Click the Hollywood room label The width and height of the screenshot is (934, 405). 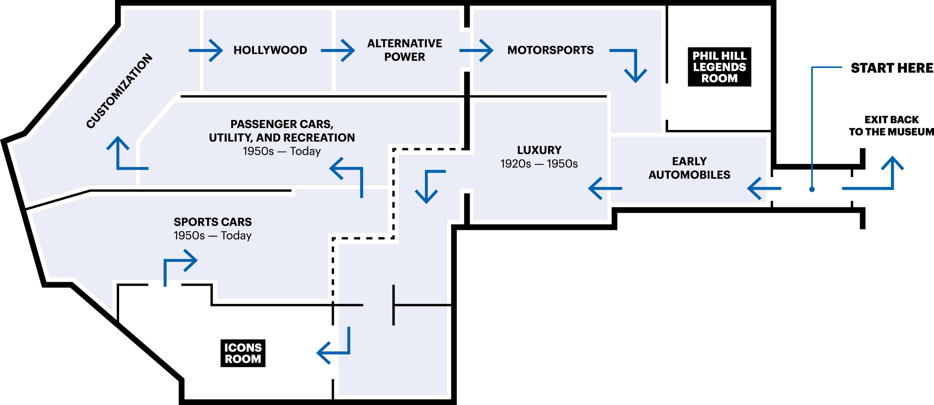point(270,50)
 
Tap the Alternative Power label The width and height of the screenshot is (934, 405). point(405,50)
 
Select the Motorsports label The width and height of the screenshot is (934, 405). point(550,50)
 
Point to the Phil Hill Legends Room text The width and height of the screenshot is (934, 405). point(719,67)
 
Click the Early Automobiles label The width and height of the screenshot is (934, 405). point(689,168)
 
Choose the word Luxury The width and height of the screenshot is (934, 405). point(539,150)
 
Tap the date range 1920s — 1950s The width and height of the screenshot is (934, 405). point(539,164)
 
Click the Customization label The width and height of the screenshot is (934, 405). point(120,91)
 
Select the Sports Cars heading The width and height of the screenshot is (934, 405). point(213,222)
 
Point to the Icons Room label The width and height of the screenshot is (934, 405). point(243,353)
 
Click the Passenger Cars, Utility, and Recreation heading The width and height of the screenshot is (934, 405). point(282,131)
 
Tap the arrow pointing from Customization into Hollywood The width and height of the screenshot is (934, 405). point(206,50)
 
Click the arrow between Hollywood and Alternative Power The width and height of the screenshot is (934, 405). point(338,50)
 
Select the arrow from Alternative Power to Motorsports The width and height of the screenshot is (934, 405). point(477,50)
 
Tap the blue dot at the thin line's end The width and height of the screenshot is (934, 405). point(812,189)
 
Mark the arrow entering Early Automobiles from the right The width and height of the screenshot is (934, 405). point(764,189)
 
